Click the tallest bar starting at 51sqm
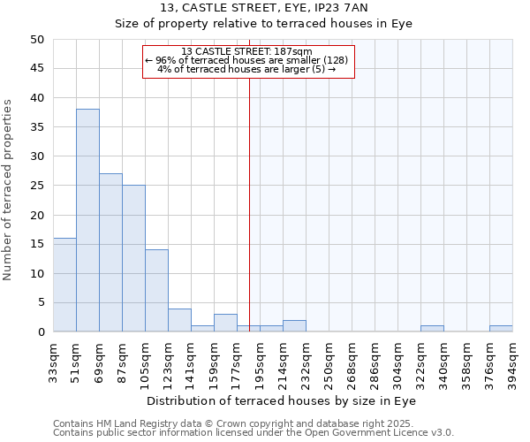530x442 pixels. [x=87, y=221]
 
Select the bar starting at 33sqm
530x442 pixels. [x=64, y=285]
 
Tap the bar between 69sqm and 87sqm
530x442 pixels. [x=110, y=253]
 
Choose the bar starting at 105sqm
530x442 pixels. [x=156, y=291]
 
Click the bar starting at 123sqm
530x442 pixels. [x=179, y=320]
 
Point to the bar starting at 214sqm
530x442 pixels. [x=294, y=326]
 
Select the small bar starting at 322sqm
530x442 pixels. [x=432, y=329]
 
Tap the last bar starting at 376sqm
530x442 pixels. [x=501, y=329]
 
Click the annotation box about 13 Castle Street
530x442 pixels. [x=247, y=61]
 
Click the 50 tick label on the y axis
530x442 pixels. [x=38, y=40]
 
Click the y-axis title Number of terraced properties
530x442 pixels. [x=8, y=190]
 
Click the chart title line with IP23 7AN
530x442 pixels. [x=264, y=8]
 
